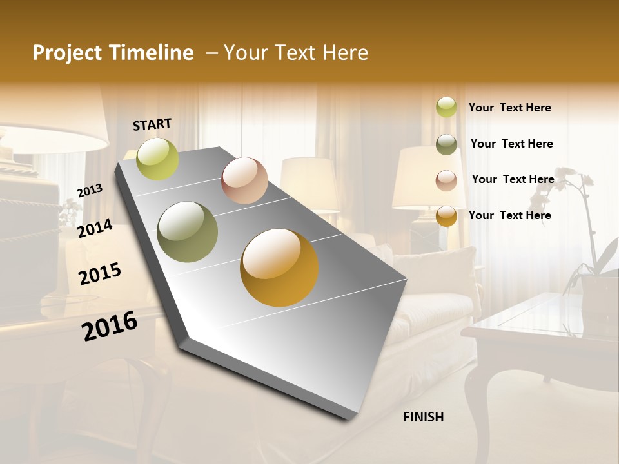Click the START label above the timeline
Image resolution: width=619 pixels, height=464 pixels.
point(152,124)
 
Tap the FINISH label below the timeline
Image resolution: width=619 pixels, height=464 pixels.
point(423,417)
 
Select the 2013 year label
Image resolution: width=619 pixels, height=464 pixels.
point(90,190)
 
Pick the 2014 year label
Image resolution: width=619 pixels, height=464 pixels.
point(95,228)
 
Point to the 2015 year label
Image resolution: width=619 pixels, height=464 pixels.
point(100,274)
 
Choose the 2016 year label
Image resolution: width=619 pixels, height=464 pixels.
point(110,325)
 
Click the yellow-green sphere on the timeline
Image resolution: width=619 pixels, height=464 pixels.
point(158,159)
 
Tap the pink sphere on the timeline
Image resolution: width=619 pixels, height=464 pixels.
point(244,180)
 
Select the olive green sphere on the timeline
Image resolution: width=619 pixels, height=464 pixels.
point(188,232)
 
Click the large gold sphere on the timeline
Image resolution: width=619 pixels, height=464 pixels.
point(279,267)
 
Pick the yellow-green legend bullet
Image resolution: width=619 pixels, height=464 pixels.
point(446,107)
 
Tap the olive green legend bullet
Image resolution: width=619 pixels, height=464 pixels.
point(446,144)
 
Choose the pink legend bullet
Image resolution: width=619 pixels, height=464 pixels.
point(446,180)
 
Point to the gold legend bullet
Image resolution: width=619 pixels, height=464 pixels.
point(446,216)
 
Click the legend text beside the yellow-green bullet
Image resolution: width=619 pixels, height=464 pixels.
point(509,108)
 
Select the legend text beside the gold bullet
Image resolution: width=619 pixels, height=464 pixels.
point(509,215)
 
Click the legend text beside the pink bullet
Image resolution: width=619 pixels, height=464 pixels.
point(513,179)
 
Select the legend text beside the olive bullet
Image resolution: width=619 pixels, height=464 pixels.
point(511,144)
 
